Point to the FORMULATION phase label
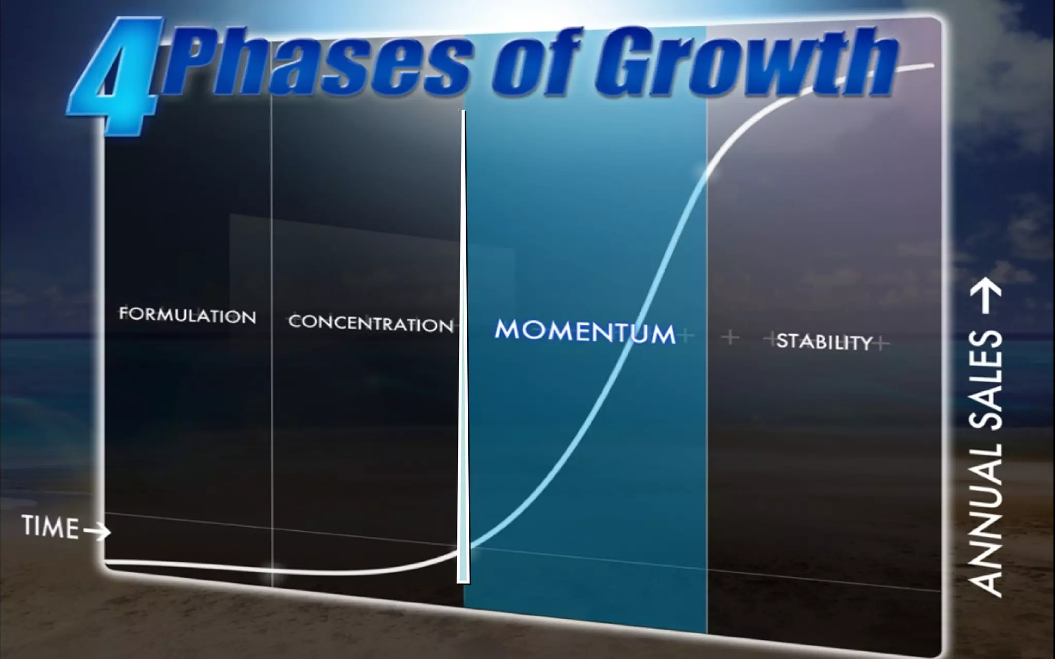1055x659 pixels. click(x=188, y=315)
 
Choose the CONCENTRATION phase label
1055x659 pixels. click(x=370, y=323)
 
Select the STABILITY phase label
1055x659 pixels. click(x=824, y=341)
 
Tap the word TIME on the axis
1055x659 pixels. click(x=50, y=527)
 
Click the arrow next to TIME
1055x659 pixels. click(x=97, y=532)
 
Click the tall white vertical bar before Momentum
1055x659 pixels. click(x=464, y=350)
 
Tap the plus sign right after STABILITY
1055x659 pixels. click(x=882, y=343)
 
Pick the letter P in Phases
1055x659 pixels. click(x=201, y=59)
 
